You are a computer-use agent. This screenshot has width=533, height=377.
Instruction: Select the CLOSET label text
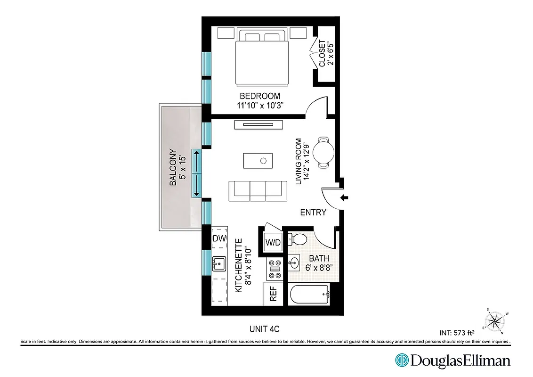pyautogui.click(x=325, y=53)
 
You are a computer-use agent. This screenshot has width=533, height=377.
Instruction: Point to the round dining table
pyautogui.click(x=324, y=152)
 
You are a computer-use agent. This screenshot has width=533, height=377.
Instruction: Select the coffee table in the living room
pyautogui.click(x=258, y=160)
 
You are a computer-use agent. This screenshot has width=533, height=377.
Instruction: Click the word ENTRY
pyautogui.click(x=313, y=213)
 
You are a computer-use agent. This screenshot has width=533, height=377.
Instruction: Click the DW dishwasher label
pyautogui.click(x=218, y=238)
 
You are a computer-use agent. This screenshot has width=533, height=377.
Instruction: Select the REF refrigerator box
pyautogui.click(x=273, y=294)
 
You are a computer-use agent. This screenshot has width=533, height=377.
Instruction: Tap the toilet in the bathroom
pyautogui.click(x=298, y=239)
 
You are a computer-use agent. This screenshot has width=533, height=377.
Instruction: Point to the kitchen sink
pyautogui.click(x=219, y=264)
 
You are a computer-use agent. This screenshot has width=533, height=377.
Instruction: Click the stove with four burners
pyautogui.click(x=274, y=270)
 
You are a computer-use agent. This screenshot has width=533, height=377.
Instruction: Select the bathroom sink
pyautogui.click(x=294, y=262)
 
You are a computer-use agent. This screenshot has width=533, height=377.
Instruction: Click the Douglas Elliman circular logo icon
pyautogui.click(x=402, y=361)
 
